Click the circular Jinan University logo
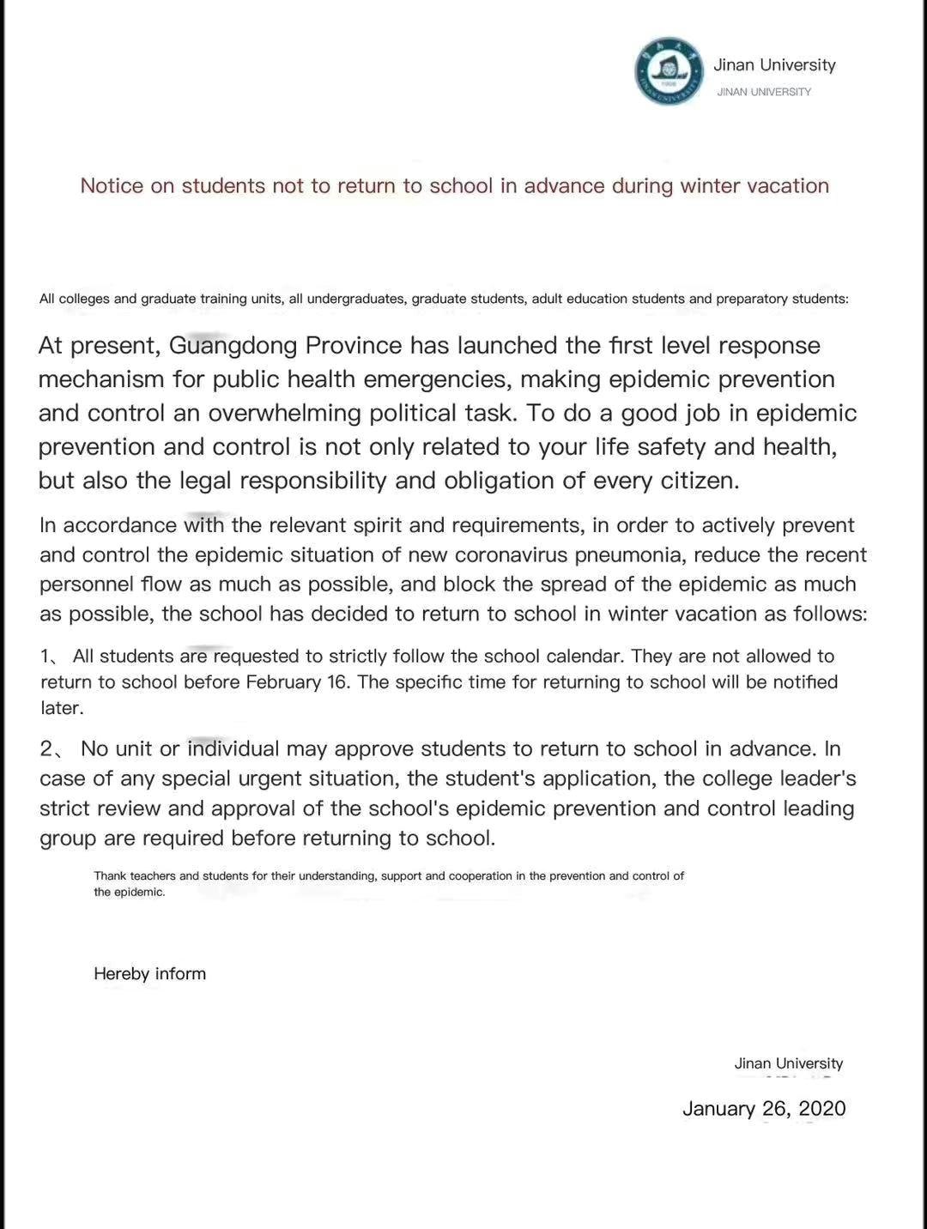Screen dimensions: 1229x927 point(669,71)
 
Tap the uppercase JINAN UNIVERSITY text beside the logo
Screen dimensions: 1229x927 point(764,92)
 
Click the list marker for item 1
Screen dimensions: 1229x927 point(51,657)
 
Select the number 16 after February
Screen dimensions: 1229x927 point(339,682)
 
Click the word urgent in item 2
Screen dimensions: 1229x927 point(235,779)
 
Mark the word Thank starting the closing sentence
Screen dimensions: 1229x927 point(110,876)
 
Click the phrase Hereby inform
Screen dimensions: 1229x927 point(150,974)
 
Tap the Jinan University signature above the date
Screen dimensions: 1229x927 point(788,1063)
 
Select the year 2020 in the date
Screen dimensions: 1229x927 point(821,1109)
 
